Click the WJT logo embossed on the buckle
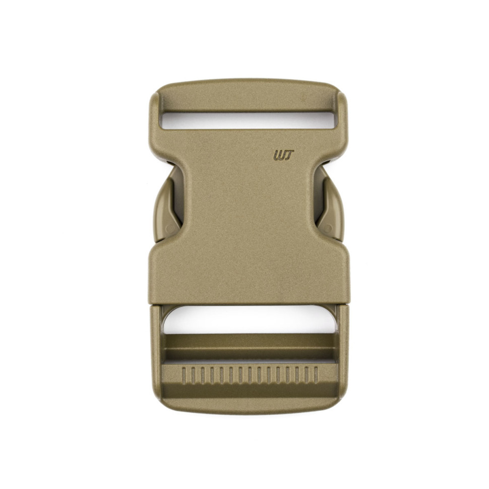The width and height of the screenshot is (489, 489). pos(283,155)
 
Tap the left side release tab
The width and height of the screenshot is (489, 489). pos(168,205)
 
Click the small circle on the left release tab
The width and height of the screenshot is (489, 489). pos(170,229)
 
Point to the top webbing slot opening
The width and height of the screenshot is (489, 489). pos(248,120)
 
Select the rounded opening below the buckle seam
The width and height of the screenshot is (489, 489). pos(250,320)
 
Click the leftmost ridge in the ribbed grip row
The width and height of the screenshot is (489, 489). pos(184,376)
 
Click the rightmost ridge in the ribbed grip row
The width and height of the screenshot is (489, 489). pos(316,376)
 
